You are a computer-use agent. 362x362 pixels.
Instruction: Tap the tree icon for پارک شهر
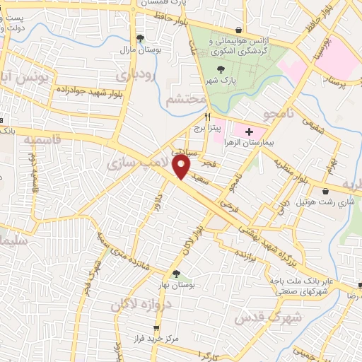tap(221, 69)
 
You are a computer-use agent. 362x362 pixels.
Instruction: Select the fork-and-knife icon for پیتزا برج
tap(207, 117)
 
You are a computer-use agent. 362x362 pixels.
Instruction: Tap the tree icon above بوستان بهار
tap(175, 273)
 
